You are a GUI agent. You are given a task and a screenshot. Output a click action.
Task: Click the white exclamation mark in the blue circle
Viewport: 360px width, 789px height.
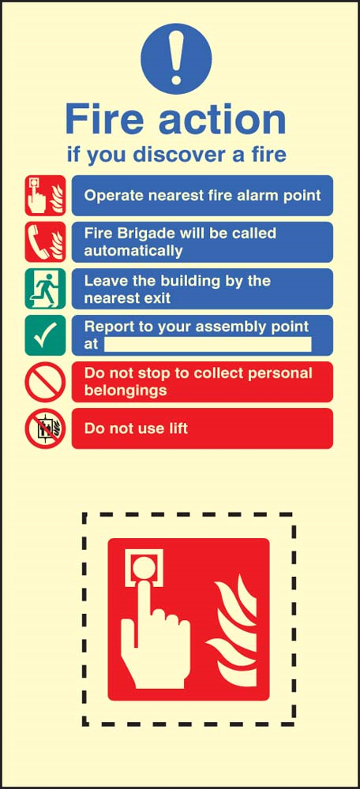click(x=176, y=58)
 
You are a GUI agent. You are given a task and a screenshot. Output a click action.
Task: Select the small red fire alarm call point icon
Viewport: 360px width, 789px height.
click(x=45, y=196)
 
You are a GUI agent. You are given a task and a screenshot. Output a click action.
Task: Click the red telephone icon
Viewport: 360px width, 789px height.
click(x=45, y=242)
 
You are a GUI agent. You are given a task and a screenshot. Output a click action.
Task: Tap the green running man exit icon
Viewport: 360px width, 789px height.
click(x=45, y=289)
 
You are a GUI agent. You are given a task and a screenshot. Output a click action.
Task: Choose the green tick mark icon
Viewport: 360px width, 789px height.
click(x=45, y=335)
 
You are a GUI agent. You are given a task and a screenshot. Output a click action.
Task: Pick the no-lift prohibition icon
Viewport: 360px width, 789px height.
click(x=45, y=428)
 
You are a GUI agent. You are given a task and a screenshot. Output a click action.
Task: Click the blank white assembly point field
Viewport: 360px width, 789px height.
click(x=208, y=344)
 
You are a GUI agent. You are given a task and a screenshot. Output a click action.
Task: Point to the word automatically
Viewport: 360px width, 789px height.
click(x=133, y=251)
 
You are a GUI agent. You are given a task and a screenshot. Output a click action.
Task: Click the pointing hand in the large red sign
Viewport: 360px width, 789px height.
click(x=155, y=618)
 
